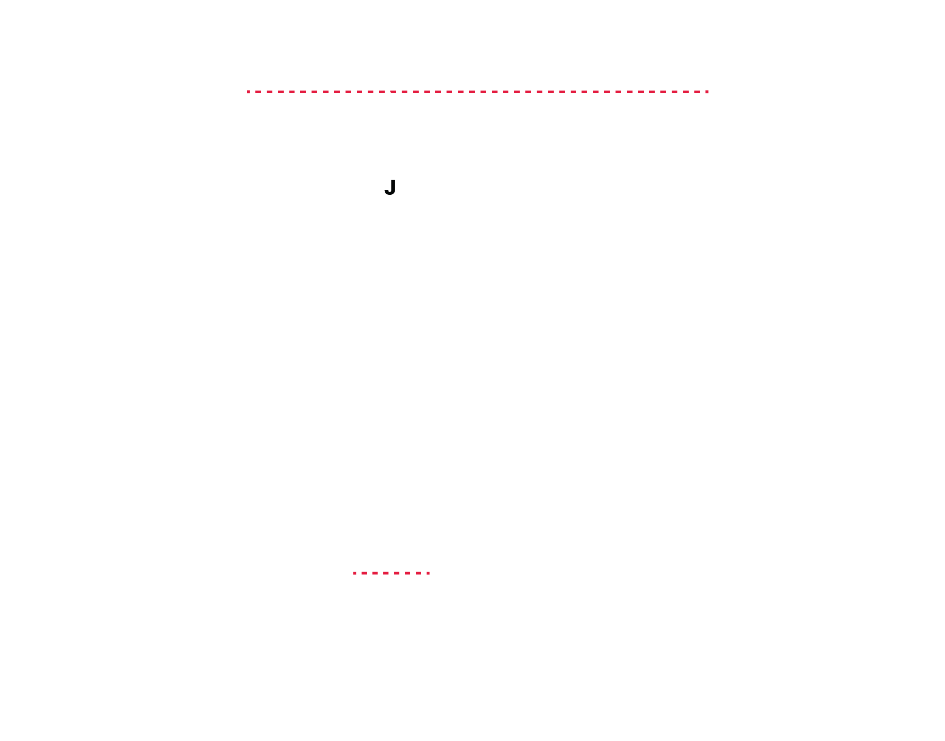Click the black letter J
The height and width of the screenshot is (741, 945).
(390, 187)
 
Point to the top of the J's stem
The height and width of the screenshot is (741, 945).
(393, 180)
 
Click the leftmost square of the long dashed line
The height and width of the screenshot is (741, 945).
(248, 92)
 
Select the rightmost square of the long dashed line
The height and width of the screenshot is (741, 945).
(707, 92)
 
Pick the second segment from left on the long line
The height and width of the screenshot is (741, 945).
(258, 92)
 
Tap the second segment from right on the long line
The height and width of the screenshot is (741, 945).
(697, 92)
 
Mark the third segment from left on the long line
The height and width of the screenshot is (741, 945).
(270, 92)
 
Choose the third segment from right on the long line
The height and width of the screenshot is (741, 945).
(686, 92)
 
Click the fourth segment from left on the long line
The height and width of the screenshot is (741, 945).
(281, 92)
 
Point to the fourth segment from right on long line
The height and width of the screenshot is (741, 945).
(675, 92)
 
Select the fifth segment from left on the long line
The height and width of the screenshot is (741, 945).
(292, 92)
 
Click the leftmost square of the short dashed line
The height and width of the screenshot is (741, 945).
(355, 573)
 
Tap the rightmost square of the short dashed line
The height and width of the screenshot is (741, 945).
(428, 573)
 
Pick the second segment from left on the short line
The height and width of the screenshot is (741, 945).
(364, 573)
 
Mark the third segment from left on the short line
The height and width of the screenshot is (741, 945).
(375, 573)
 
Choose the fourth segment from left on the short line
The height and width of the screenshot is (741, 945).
(386, 573)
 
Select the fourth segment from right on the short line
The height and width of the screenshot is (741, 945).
(397, 573)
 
